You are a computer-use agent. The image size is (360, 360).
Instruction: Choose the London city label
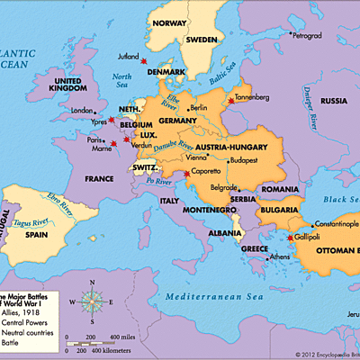tap(82, 111)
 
